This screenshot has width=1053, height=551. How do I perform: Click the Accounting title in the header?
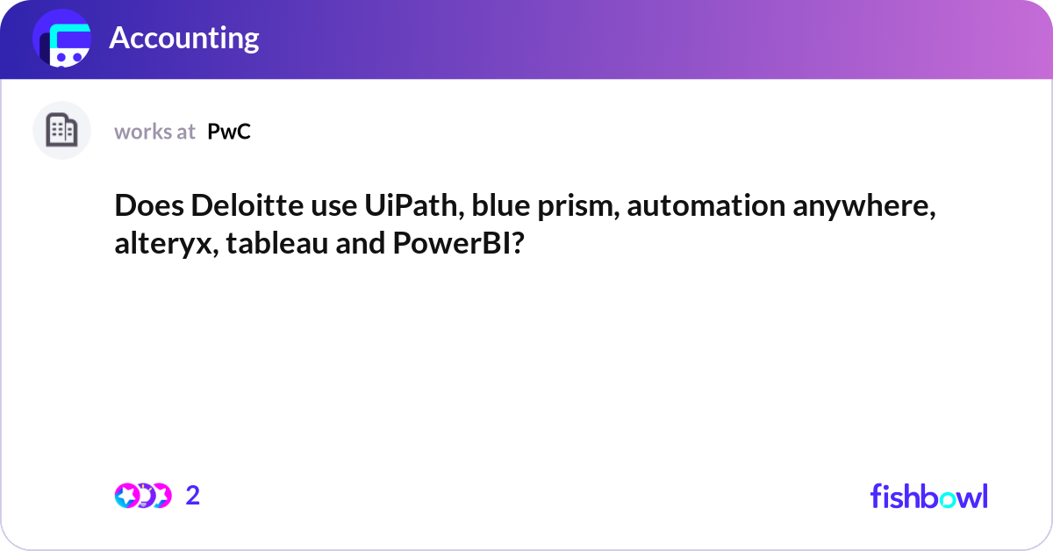pyautogui.click(x=183, y=38)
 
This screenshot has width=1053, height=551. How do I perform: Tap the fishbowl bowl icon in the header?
pyautogui.click(x=62, y=39)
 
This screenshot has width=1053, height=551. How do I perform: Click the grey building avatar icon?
pyautogui.click(x=61, y=131)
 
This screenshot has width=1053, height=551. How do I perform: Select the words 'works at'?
pyautogui.click(x=154, y=132)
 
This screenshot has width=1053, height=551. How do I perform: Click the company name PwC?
pyautogui.click(x=229, y=132)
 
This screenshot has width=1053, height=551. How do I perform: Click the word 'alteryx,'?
pyautogui.click(x=166, y=244)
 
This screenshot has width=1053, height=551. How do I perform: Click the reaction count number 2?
pyautogui.click(x=193, y=496)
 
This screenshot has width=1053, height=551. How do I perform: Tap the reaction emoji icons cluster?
pyautogui.click(x=142, y=496)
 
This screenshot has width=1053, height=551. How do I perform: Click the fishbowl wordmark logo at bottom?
pyautogui.click(x=928, y=496)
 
